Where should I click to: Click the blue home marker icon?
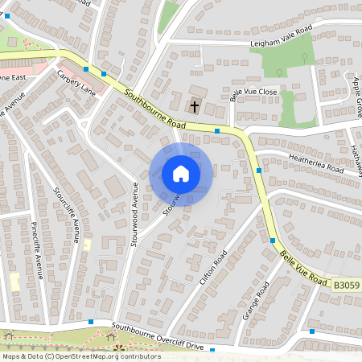tap(180, 174)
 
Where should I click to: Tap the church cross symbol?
tap(195, 105)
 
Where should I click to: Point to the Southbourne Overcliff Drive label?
tap(163, 336)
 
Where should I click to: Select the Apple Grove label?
tap(356, 92)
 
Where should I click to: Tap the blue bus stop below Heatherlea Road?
tap(258, 171)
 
